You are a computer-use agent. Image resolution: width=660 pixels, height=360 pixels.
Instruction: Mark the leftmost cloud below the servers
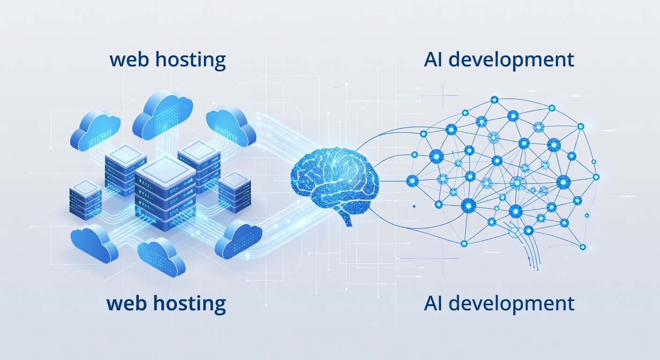(x=94, y=244)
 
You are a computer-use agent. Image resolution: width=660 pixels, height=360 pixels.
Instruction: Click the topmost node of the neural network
(x=494, y=99)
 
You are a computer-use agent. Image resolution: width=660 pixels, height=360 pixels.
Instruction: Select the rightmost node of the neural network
(x=596, y=177)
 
